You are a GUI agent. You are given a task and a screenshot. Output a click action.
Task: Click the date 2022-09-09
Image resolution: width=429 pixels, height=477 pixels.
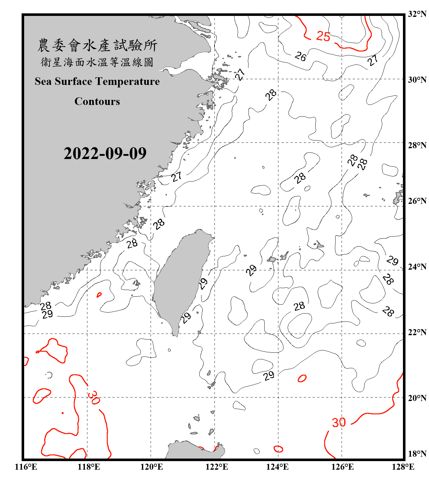(x=105, y=153)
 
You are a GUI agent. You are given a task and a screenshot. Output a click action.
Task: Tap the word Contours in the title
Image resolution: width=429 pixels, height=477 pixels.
(x=97, y=101)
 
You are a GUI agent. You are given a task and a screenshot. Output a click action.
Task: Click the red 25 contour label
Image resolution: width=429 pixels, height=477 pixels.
(x=323, y=36)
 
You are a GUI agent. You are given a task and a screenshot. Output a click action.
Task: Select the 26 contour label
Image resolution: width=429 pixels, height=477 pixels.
(x=300, y=57)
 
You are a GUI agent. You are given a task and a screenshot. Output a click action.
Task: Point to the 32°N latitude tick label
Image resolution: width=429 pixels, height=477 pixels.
(x=417, y=14)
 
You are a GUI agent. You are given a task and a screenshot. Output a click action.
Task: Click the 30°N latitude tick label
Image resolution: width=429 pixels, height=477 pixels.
(x=417, y=79)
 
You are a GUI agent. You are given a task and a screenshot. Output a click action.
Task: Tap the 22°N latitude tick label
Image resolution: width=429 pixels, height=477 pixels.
(x=417, y=332)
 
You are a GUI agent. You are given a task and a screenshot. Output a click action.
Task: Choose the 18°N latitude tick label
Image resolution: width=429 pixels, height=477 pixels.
(x=417, y=453)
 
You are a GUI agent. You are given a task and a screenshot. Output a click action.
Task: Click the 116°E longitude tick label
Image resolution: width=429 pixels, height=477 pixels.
(x=26, y=467)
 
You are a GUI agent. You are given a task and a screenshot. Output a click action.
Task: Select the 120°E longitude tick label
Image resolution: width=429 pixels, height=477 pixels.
(x=152, y=467)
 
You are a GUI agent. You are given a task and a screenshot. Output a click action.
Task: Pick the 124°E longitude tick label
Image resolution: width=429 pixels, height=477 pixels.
(x=277, y=467)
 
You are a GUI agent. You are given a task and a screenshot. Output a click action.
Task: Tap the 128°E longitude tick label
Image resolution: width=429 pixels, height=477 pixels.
(x=403, y=467)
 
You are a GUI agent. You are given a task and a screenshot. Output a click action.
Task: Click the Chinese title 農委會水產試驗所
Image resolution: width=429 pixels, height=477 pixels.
(x=97, y=45)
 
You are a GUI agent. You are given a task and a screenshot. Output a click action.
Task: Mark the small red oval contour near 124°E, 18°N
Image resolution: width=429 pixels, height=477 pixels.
(x=278, y=449)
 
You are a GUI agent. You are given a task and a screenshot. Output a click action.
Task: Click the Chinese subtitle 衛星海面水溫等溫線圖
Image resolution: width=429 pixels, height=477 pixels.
(x=97, y=62)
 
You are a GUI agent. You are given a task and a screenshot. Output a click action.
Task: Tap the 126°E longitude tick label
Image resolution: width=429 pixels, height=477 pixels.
(x=343, y=467)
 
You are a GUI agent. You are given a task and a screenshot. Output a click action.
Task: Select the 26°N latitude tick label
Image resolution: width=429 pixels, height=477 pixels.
(x=417, y=201)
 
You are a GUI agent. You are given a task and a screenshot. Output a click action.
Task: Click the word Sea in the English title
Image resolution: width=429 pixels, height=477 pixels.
(x=44, y=81)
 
